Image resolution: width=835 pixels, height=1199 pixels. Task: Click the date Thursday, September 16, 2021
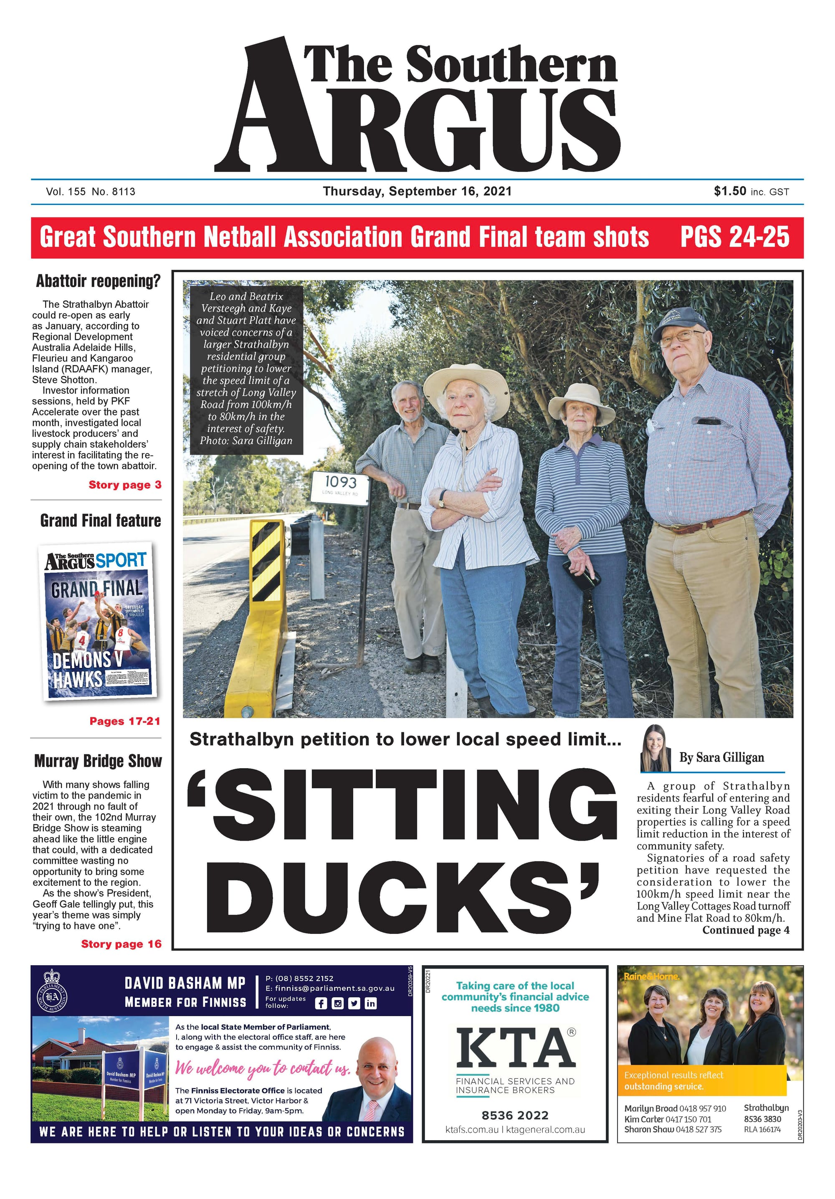[x=417, y=191]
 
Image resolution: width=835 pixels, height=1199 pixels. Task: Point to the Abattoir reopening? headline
[x=98, y=281]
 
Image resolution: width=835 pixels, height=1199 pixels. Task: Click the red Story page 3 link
[x=125, y=485]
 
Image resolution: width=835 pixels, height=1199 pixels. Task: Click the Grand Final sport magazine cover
[x=98, y=620]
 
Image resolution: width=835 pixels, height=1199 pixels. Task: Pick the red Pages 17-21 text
[x=125, y=721]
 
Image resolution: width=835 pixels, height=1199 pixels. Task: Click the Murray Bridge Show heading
[x=98, y=761]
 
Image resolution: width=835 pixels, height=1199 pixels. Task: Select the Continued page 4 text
[x=745, y=930]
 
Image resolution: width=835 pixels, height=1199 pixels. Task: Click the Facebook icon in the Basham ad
[x=321, y=1003]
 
